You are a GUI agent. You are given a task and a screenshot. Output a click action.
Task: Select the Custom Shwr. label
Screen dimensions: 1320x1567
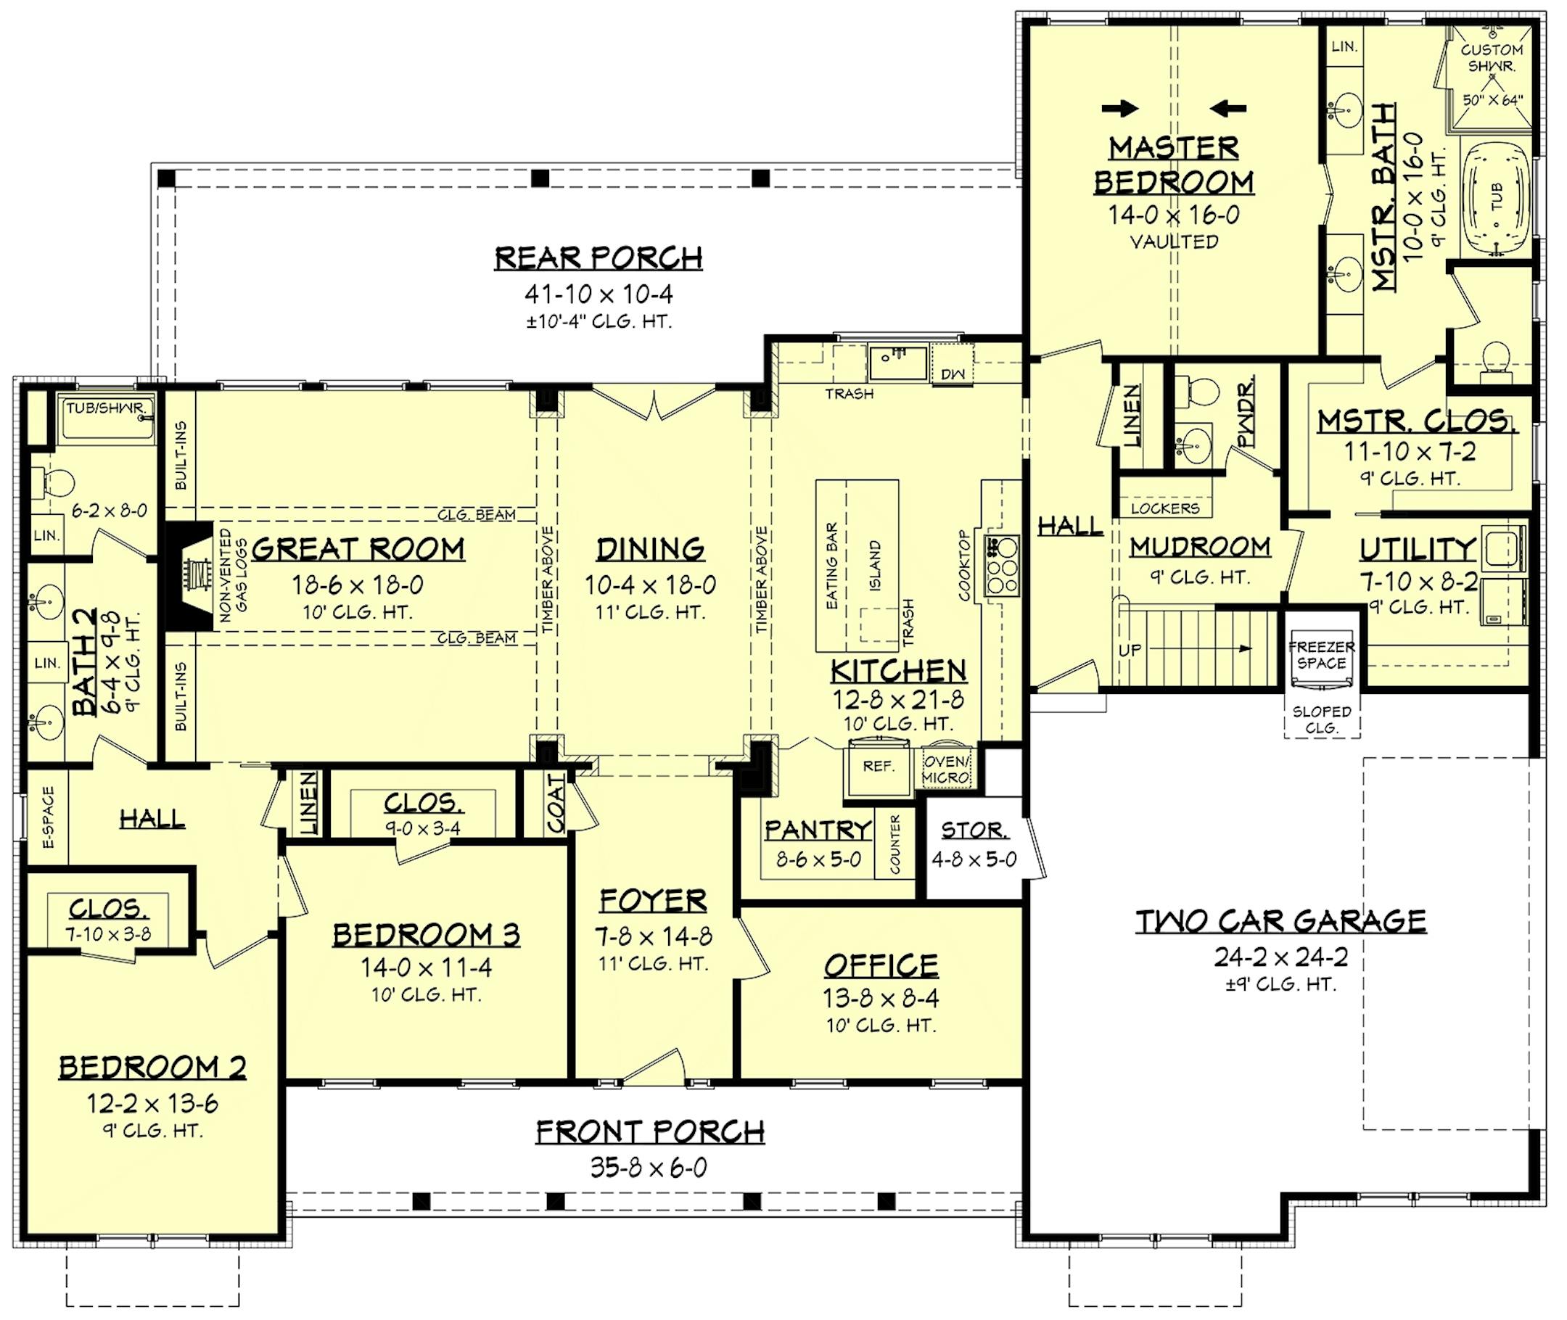1492,57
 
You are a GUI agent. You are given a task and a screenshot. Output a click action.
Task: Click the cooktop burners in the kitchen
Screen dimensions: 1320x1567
1002,566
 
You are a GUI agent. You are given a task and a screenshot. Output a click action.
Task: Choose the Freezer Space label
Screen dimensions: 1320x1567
1322,655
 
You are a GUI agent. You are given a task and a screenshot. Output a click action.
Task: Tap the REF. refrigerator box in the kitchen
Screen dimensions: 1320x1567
878,767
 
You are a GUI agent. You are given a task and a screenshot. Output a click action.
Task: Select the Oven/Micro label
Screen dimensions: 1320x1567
946,770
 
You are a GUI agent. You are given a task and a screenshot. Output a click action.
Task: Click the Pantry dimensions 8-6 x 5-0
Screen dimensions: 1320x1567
818,859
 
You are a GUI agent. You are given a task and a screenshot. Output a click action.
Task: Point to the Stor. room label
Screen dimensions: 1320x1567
974,830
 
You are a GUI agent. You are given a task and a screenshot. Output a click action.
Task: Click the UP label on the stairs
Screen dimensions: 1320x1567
1130,651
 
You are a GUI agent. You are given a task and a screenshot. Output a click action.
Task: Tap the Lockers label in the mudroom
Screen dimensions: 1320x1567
1164,509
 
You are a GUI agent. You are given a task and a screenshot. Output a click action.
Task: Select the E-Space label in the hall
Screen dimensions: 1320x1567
49,817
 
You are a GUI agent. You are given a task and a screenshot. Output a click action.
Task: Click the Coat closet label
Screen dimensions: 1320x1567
555,804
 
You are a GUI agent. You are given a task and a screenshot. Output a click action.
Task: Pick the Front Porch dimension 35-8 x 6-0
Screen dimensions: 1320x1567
649,1168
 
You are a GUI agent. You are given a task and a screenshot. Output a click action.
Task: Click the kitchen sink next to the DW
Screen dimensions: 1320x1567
897,363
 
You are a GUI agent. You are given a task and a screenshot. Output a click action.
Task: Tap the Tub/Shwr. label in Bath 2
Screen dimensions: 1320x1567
110,408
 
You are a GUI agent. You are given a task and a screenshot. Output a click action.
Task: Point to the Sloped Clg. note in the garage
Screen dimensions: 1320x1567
1322,720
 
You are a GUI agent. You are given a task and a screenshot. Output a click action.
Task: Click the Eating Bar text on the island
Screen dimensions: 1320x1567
831,565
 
